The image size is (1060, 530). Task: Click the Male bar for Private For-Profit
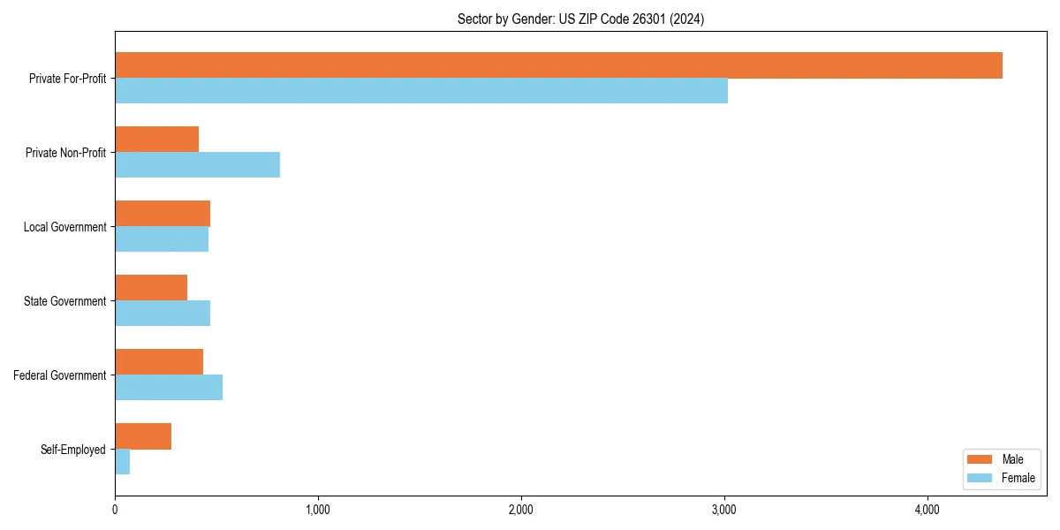coord(558,65)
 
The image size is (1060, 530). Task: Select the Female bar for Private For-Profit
coord(421,91)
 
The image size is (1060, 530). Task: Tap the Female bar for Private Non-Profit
coord(197,165)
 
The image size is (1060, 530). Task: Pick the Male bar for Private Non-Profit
coord(156,140)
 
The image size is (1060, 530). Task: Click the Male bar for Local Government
coord(163,214)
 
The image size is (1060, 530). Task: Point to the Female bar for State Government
coord(163,314)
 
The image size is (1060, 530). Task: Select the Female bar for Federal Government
coord(169,388)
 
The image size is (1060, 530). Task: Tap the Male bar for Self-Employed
coord(143,436)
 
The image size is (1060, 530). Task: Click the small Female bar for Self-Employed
coord(122,462)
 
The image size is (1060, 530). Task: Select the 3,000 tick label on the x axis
coord(724,510)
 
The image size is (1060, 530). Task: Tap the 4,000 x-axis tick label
coord(927,510)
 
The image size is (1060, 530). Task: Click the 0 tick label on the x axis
coord(115,510)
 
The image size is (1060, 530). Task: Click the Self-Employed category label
coord(73,450)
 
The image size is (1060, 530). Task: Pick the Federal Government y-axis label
coord(60,375)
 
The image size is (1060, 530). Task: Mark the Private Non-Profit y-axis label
coord(65,153)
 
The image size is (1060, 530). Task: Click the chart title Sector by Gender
coord(580,19)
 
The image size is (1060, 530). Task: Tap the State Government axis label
coord(65,301)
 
